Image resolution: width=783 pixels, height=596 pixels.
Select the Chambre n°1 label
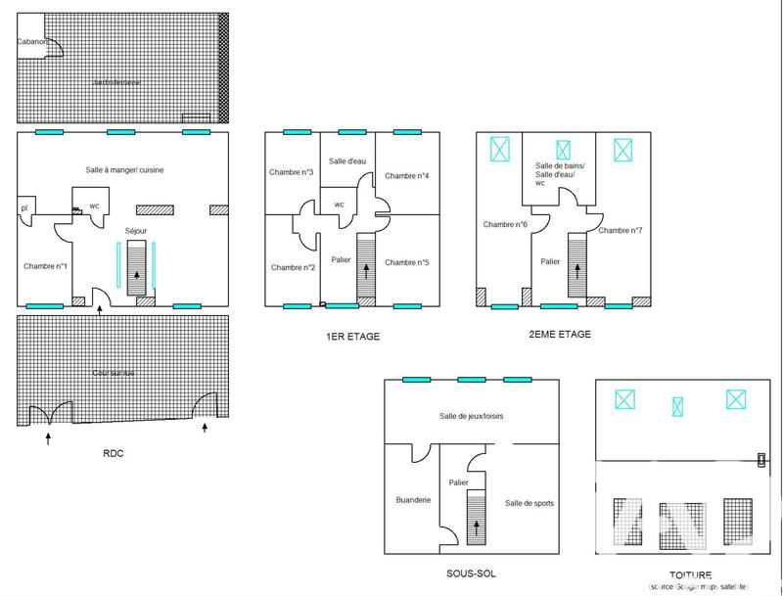coord(45,266)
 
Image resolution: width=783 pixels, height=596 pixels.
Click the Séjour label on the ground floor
coord(137,231)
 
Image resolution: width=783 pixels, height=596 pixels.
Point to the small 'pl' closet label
coord(23,207)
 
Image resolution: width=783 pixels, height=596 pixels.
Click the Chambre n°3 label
coord(291,172)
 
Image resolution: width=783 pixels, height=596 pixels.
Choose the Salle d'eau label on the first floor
coord(346,161)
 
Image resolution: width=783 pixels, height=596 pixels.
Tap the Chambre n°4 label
coord(407,176)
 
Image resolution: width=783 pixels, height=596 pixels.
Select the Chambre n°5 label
coord(407,262)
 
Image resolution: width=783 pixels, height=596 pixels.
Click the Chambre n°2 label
coord(293,267)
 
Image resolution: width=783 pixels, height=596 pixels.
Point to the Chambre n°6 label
coord(505,224)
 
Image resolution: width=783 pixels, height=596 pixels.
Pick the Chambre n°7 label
coord(621,230)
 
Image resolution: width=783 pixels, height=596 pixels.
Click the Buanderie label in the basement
coord(413,499)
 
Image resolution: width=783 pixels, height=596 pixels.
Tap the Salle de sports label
coord(530,503)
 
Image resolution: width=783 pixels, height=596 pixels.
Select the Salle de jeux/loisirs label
coord(472,416)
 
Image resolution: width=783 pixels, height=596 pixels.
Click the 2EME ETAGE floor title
coord(559,334)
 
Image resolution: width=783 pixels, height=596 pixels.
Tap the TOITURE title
coord(692,574)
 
